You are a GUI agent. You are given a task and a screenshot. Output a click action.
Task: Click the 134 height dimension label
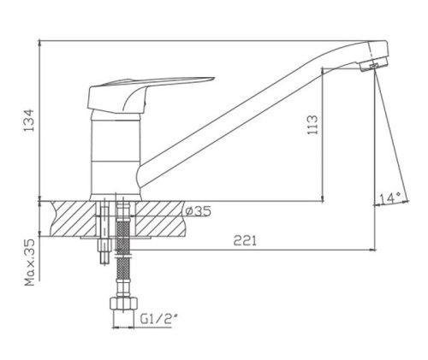(x=28, y=120)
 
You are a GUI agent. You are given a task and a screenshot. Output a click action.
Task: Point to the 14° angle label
(x=389, y=198)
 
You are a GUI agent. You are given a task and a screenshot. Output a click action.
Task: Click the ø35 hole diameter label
(x=195, y=210)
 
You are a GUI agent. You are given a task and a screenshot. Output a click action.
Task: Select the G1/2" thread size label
(x=160, y=321)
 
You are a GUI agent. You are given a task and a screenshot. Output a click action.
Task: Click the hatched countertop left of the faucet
(x=73, y=218)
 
